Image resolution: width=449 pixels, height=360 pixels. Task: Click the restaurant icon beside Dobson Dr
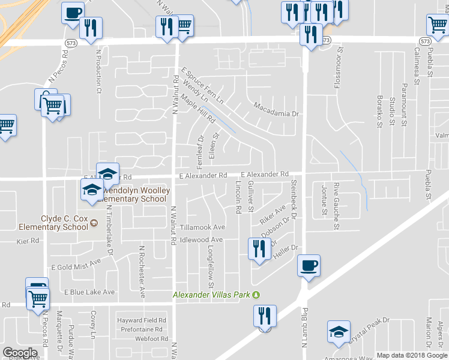click(x=259, y=249)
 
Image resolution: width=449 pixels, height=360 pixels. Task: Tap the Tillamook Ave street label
click(x=202, y=227)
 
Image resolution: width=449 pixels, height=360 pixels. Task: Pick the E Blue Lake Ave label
click(x=89, y=292)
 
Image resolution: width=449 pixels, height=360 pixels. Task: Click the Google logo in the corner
click(x=20, y=353)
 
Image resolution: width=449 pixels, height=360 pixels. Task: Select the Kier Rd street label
click(x=28, y=241)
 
